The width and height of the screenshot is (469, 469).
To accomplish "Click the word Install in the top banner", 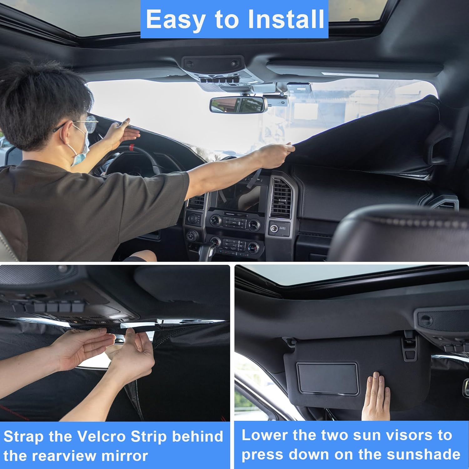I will point(286,19).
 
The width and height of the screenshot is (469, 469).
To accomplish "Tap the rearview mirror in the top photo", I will point(238,105).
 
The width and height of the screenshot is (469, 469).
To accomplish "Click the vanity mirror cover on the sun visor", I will point(327,378).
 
